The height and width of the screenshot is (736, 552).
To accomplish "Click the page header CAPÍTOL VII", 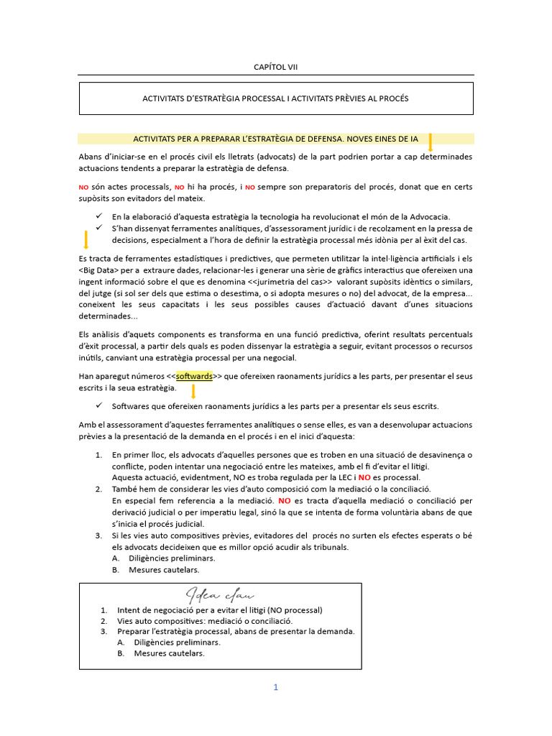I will point(275,67).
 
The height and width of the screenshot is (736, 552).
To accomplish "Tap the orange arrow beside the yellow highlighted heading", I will point(430,142).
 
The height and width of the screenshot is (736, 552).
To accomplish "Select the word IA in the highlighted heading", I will point(413,138).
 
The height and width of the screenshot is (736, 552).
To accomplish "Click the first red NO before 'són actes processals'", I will point(83,187).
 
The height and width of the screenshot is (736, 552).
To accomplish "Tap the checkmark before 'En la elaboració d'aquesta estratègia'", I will point(98,216).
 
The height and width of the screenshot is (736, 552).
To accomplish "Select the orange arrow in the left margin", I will point(86,240).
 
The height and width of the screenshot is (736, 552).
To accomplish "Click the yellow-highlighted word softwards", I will point(193,376).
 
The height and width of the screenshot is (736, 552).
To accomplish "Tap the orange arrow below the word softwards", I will point(193,392).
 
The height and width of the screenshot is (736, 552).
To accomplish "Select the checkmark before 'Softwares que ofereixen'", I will point(98,406).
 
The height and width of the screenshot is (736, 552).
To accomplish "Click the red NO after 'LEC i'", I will point(364,477).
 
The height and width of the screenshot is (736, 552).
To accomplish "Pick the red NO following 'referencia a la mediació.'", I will point(285,500).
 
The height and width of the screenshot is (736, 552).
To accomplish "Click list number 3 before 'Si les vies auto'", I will point(98,535).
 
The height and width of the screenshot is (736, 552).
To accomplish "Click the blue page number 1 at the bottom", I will point(275,687).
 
